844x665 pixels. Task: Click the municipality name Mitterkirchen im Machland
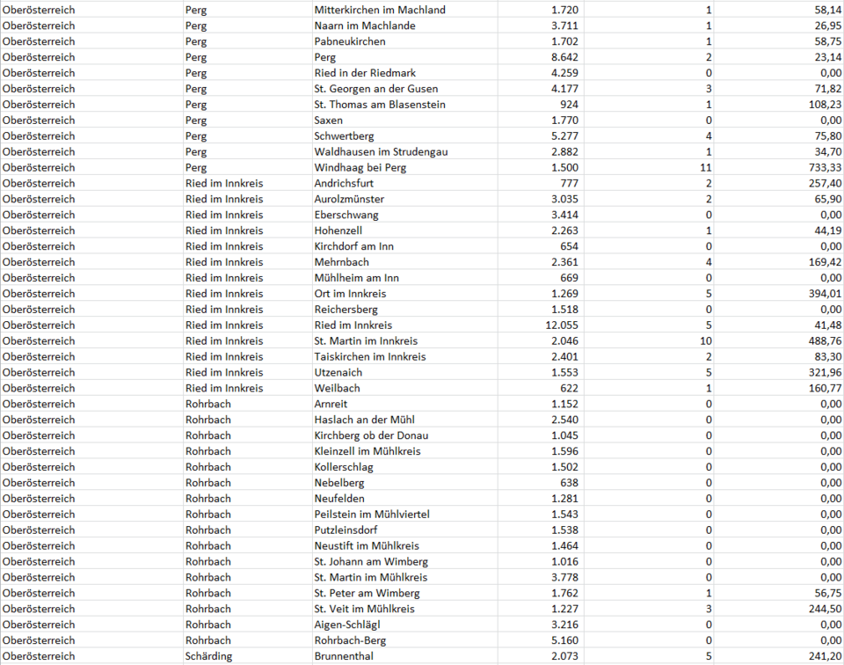(380, 10)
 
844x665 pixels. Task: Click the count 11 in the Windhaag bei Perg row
(706, 168)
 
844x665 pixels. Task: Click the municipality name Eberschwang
(346, 215)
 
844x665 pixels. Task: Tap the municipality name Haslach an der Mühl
(364, 420)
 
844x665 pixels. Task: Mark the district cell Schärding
(208, 656)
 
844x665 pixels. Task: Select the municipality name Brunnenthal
(344, 656)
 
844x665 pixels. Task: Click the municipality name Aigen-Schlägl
(347, 625)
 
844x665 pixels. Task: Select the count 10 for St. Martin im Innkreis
(706, 341)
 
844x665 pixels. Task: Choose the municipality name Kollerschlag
(344, 467)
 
